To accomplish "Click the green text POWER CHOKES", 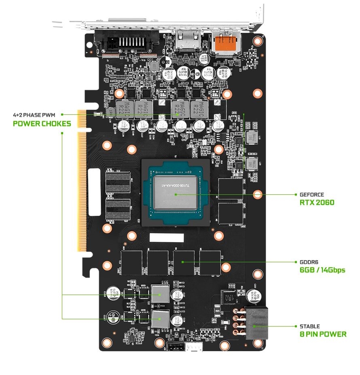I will [42, 123].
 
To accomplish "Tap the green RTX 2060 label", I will [317, 202].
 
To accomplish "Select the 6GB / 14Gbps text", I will [322, 270].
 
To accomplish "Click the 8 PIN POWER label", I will [323, 334].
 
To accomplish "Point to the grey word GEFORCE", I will [311, 194].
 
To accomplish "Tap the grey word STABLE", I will [309, 326].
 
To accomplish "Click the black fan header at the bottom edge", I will [175, 347].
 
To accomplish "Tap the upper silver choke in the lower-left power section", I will [160, 294].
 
